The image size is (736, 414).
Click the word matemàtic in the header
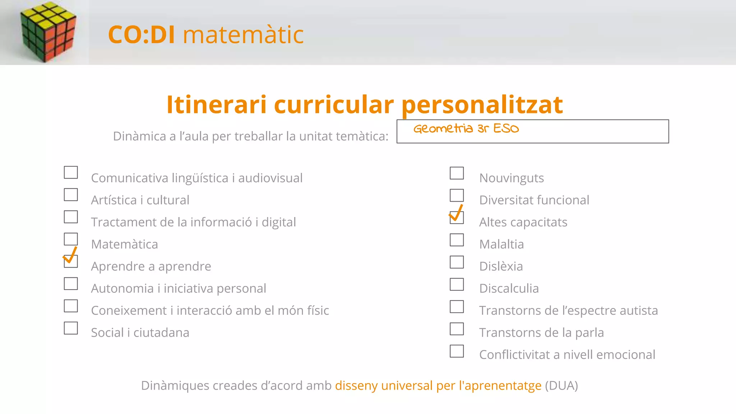243,35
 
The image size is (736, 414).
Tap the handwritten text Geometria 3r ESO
466,128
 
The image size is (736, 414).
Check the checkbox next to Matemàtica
71,239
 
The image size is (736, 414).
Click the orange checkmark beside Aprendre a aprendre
70,256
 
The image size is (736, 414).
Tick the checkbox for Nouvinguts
457,173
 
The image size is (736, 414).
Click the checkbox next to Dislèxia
457,262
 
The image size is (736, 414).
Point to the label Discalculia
509,288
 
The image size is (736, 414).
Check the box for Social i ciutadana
71,328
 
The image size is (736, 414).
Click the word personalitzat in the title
482,105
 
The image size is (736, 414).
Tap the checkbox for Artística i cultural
71,195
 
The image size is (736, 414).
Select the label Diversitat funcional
534,200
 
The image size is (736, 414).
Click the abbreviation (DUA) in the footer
561,385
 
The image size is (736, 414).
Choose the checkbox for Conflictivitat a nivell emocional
457,351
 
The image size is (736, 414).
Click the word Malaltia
501,244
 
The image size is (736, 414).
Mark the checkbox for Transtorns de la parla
457,329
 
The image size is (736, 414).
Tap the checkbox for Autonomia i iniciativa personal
71,284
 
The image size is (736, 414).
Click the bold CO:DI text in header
142,35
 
